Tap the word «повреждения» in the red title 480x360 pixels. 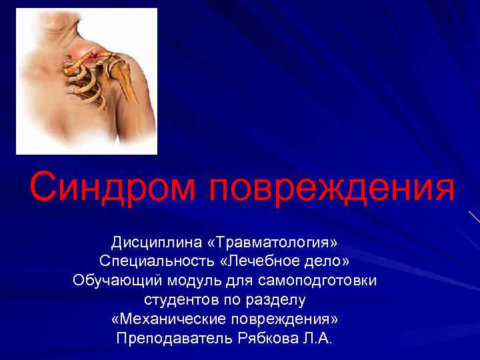[x=332, y=189]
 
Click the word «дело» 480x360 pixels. [x=331, y=259]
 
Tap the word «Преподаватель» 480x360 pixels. [x=174, y=339]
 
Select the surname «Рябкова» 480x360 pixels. [x=267, y=339]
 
